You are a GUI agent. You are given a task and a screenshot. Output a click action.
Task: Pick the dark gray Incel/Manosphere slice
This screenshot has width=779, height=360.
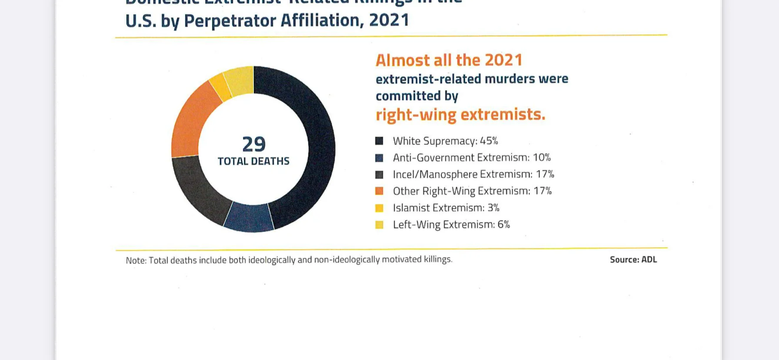198,187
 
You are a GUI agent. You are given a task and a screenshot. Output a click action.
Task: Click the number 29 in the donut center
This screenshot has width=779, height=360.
253,144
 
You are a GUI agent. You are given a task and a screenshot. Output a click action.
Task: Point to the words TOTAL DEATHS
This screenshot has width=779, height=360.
253,161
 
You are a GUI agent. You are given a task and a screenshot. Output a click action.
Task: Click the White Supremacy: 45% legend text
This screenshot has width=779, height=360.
445,141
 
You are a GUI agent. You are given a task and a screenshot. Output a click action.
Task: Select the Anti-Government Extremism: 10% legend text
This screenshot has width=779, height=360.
472,157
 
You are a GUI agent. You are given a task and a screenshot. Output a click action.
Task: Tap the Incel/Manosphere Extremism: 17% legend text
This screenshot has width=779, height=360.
473,174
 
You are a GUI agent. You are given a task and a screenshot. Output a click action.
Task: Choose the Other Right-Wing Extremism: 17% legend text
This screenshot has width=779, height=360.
472,191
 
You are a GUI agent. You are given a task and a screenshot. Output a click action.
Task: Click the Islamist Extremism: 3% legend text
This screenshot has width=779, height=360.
446,208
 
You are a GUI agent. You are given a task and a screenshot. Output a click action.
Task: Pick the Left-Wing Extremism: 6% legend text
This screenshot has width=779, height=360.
451,224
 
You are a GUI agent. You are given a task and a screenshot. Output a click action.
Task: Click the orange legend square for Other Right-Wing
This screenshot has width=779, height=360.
379,191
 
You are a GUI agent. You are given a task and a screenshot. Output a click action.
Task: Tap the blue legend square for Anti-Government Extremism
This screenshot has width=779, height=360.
379,158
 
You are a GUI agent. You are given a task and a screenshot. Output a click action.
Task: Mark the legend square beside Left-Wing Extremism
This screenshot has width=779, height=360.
379,225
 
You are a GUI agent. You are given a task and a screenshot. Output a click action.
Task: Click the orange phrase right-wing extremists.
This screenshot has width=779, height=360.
460,114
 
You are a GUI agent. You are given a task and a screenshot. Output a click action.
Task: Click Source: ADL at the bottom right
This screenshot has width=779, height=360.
633,260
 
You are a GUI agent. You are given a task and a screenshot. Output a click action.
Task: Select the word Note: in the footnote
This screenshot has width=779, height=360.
136,260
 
